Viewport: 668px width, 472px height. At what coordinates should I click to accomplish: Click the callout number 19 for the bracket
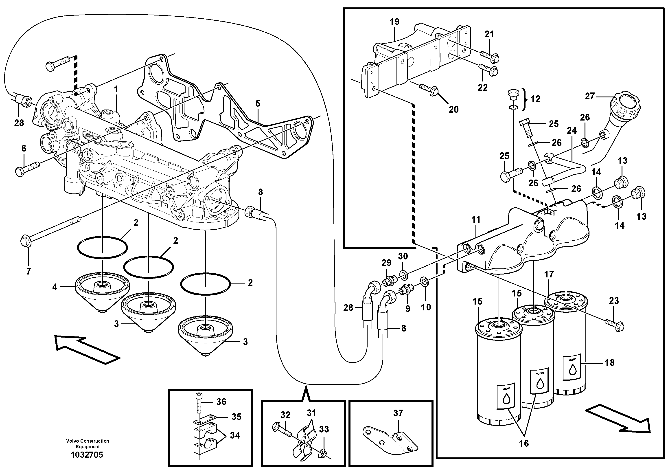tap(394, 22)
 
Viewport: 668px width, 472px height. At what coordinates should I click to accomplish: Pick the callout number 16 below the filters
tap(524, 443)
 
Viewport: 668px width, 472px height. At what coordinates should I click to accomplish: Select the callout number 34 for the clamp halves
tap(235, 435)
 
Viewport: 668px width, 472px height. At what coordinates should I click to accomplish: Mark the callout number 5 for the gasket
tap(258, 103)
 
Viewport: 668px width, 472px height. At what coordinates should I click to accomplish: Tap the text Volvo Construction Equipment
tap(88, 444)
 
